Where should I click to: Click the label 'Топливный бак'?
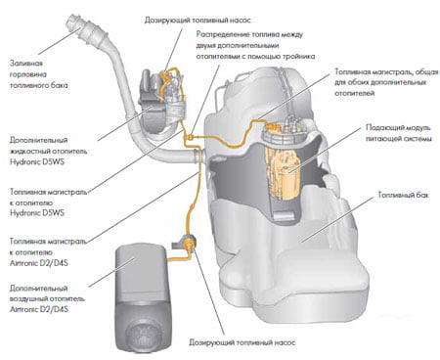point(403,195)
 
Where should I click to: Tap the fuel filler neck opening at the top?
point(72,22)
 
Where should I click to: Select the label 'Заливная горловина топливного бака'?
point(39,74)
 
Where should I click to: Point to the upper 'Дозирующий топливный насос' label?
point(198,21)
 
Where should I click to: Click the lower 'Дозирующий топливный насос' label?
point(242,342)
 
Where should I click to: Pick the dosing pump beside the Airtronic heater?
point(189,243)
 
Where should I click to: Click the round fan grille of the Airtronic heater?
point(145,335)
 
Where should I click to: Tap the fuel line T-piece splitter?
point(189,137)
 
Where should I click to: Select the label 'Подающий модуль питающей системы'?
point(399,133)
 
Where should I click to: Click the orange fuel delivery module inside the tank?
point(283,174)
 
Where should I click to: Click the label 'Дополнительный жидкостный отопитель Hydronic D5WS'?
point(48,151)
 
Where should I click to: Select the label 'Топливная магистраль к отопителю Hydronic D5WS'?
point(48,202)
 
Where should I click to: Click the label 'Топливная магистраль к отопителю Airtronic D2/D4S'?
point(48,251)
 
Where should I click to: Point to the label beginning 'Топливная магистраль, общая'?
point(386,82)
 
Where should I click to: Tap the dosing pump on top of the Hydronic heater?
point(170,81)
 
